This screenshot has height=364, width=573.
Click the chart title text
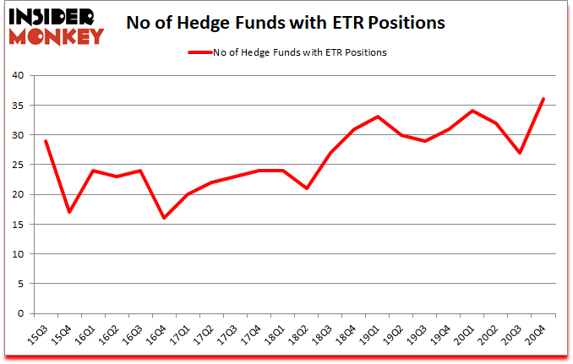286,24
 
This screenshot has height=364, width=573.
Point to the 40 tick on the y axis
19,76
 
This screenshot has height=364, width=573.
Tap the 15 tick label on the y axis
19,225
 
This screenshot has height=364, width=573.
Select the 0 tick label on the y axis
22,313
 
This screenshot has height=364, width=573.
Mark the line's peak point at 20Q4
543,99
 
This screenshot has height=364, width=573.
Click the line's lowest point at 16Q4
164,218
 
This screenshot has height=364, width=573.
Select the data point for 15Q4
69,212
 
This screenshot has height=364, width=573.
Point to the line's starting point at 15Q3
46,141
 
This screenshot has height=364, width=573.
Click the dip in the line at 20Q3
520,153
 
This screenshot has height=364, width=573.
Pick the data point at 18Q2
306,188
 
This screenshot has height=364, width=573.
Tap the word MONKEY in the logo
57,35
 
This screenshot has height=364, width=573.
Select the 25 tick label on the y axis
19,165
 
